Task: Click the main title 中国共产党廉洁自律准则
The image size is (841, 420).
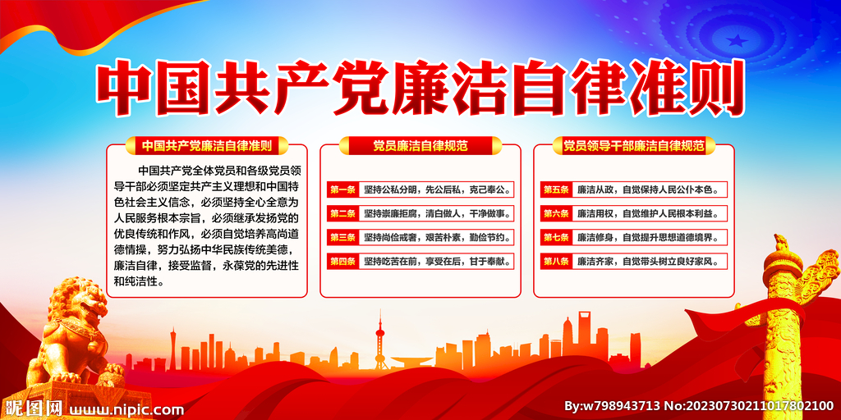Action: (420, 89)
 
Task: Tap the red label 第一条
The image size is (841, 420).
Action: (342, 189)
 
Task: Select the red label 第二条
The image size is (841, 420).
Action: (342, 214)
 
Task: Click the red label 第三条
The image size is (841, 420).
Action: (342, 238)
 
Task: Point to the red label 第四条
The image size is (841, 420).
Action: (342, 262)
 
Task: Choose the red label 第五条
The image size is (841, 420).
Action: (556, 189)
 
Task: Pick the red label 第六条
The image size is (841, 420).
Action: (556, 214)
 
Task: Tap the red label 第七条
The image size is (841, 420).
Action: (556, 238)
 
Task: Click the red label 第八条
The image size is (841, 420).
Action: (556, 262)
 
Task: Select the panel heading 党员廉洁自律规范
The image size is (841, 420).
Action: (420, 146)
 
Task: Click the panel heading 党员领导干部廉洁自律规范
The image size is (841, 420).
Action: (633, 146)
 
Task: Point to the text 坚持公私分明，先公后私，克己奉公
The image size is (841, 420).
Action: (436, 189)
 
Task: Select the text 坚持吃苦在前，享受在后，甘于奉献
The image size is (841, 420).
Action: (436, 262)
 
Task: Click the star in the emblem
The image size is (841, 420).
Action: (737, 40)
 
